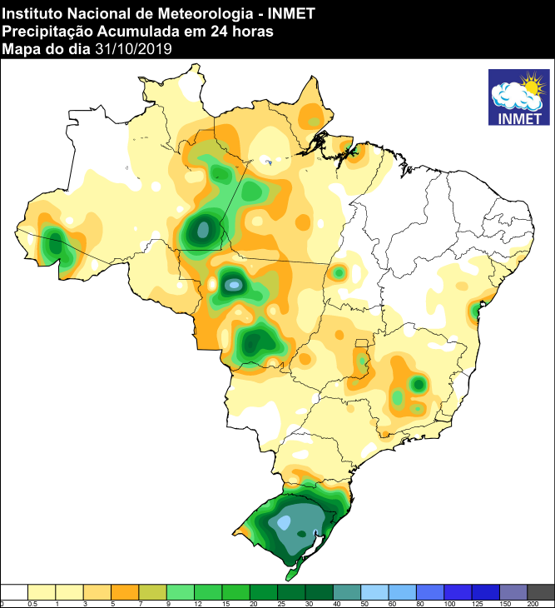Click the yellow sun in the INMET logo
(x=530, y=84)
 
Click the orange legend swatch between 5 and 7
(x=126, y=591)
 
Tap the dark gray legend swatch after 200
(x=541, y=591)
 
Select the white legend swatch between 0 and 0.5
(x=15, y=591)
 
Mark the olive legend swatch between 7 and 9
(x=153, y=591)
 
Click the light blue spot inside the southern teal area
(x=285, y=523)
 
